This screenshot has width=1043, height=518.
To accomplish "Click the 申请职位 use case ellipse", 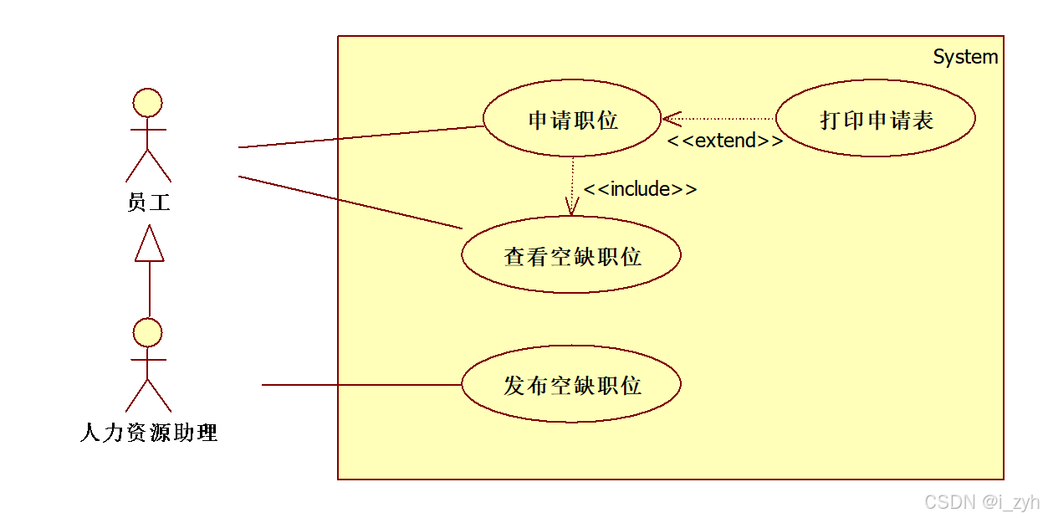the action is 573,119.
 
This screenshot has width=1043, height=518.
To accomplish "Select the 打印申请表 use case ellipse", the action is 876,119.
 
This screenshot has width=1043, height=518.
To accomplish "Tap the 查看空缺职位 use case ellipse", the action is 571,255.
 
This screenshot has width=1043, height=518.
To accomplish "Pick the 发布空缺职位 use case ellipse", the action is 571,385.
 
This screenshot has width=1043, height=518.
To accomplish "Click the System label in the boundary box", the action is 965,57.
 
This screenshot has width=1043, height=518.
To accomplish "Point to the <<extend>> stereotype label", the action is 724,141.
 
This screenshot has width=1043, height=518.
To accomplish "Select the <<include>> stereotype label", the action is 640,189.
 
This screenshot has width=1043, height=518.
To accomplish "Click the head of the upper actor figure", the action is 148,102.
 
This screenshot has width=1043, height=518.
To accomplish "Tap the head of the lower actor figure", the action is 148,332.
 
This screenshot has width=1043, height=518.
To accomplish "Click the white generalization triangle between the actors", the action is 149,245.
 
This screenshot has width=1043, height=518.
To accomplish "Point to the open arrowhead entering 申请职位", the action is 671,119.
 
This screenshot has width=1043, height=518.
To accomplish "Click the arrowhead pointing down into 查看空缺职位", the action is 572,207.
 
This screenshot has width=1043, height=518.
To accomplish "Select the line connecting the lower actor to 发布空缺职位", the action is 360,385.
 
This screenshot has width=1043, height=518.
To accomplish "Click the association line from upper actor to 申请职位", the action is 360,136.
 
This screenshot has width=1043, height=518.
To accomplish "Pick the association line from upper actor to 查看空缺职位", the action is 351,202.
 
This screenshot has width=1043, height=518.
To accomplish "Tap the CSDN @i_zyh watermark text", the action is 980,501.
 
